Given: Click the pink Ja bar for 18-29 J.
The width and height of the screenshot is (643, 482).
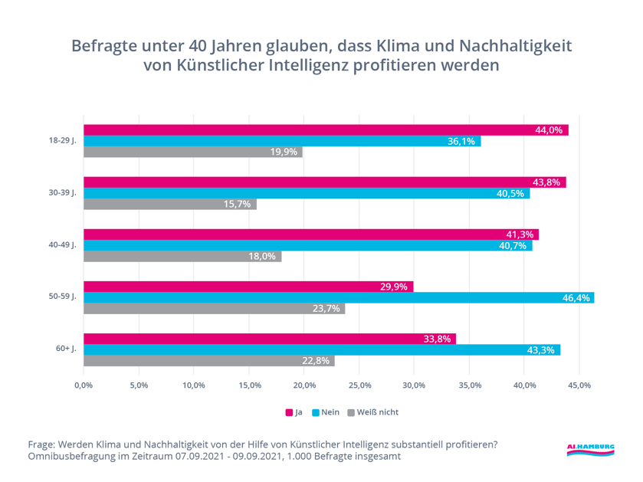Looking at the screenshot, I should (326, 130).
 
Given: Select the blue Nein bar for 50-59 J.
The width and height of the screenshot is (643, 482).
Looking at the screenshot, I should (339, 297).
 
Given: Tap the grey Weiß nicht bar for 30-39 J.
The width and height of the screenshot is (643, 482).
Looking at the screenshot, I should (170, 205).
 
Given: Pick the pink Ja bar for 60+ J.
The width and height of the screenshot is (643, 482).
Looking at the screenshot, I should (270, 339).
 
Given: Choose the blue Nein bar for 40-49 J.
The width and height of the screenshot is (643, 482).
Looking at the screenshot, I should (307, 245).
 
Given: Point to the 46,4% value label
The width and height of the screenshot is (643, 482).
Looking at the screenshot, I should (576, 297).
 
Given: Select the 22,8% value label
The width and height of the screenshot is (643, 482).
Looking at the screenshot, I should (319, 361).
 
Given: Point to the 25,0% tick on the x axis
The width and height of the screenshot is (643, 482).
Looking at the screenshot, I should (359, 385).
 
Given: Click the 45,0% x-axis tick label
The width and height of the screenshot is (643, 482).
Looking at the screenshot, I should (579, 385).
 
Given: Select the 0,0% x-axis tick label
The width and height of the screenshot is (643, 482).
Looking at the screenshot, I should (83, 385).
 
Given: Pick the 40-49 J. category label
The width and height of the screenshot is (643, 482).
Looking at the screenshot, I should (62, 245).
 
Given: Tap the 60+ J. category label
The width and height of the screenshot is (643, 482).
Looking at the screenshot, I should (65, 349).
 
